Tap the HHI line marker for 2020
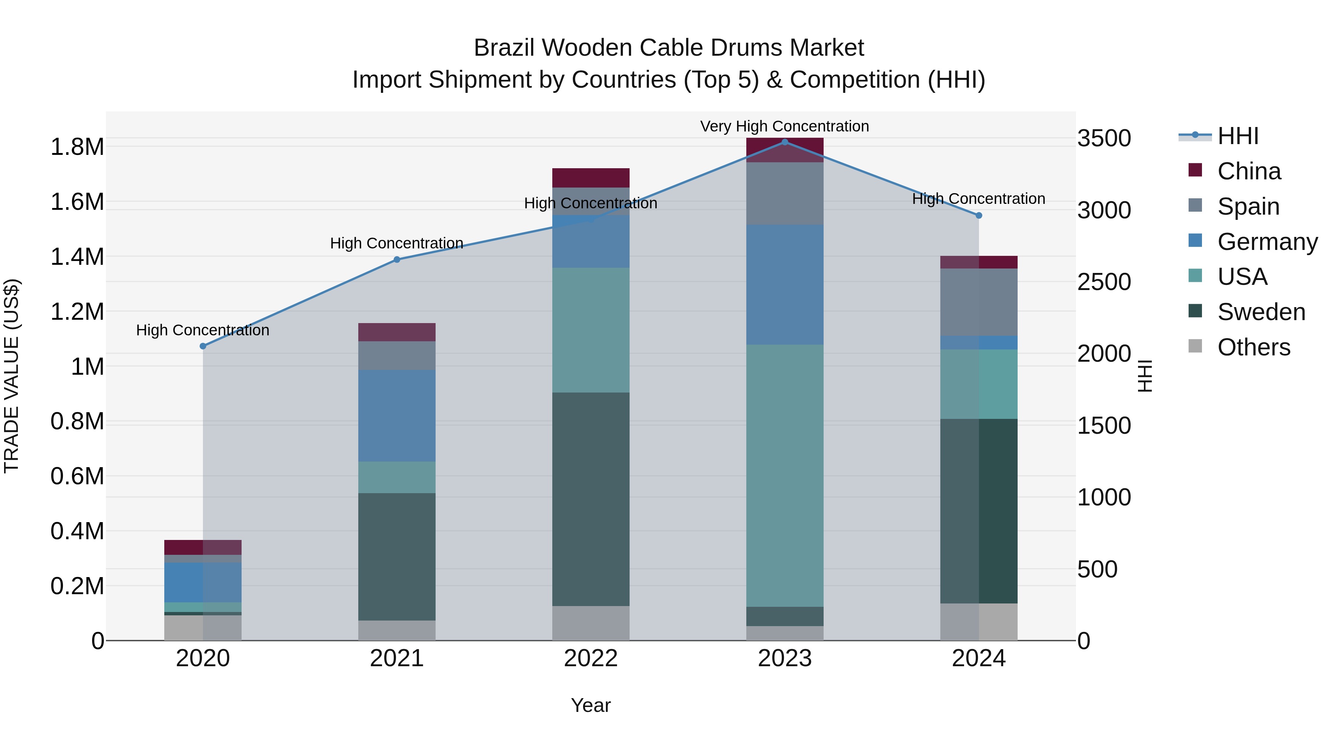[x=203, y=346]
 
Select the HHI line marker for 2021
[x=397, y=260]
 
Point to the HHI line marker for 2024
[x=979, y=215]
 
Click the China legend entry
[x=1249, y=171]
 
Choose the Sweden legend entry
[x=1261, y=312]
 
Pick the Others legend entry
[x=1253, y=347]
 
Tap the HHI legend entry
[x=1238, y=136]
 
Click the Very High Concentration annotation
[x=784, y=126]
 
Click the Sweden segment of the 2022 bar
[x=591, y=499]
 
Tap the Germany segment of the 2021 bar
[x=397, y=416]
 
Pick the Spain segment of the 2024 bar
[x=979, y=302]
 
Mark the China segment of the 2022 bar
[x=591, y=178]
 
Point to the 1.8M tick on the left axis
[x=77, y=147]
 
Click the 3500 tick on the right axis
[x=1104, y=139]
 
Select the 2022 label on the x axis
[x=591, y=658]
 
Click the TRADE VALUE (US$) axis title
[x=12, y=376]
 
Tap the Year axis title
[x=591, y=705]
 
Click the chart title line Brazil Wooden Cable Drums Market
[x=669, y=48]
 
